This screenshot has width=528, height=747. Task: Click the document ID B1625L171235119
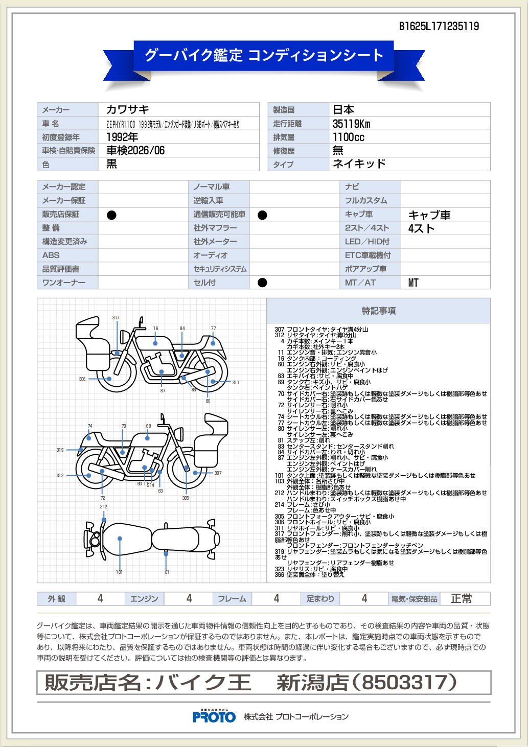pyautogui.click(x=439, y=27)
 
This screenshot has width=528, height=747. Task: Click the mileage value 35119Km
pyautogui.click(x=351, y=124)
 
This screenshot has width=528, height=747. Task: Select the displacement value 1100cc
pyautogui.click(x=348, y=137)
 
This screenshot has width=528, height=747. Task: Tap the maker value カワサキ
pyautogui.click(x=127, y=109)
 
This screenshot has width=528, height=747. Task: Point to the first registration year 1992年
pyautogui.click(x=122, y=137)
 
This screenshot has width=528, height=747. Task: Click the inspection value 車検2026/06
pyautogui.click(x=135, y=150)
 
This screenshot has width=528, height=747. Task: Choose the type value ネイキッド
pyautogui.click(x=359, y=164)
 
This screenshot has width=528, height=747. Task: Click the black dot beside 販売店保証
pyautogui.click(x=111, y=215)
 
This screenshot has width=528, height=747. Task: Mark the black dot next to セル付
pyautogui.click(x=262, y=283)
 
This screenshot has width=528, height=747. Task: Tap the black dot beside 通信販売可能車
pyautogui.click(x=262, y=215)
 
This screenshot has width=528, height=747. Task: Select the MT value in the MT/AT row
pyautogui.click(x=413, y=283)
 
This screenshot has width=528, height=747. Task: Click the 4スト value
pyautogui.click(x=421, y=228)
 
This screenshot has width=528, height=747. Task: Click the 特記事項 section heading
pyautogui.click(x=378, y=311)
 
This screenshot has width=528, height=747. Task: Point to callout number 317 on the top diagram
pyautogui.click(x=116, y=318)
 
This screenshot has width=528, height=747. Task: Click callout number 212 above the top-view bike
pyautogui.click(x=104, y=507)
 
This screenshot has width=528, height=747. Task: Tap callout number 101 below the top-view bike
pyautogui.click(x=119, y=572)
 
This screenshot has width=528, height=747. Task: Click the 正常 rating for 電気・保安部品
pyautogui.click(x=461, y=599)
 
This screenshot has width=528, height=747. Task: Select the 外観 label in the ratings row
pyautogui.click(x=56, y=599)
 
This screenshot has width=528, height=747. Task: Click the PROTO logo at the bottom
pyautogui.click(x=214, y=716)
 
